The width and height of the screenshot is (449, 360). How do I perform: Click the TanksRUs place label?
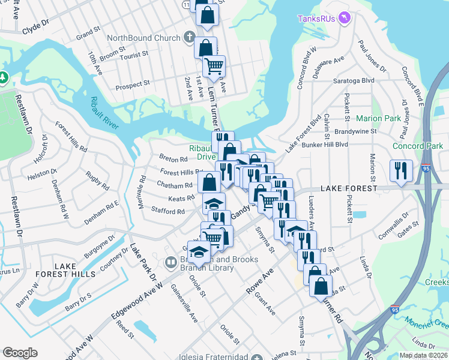click(x=316, y=19)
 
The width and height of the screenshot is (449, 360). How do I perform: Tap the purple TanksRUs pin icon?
click(x=344, y=19)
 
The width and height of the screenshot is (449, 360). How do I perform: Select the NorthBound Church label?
click(x=143, y=38)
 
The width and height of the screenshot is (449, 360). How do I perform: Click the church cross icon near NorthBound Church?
click(x=189, y=38)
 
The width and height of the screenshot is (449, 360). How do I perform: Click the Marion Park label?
click(x=378, y=118)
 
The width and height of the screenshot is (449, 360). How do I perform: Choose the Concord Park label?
click(x=417, y=146)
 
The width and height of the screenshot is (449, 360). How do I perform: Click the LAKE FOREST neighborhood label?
click(x=348, y=188)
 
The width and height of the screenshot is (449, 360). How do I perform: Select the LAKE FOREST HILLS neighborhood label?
click(x=74, y=270)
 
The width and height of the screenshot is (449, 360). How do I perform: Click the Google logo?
click(x=20, y=352)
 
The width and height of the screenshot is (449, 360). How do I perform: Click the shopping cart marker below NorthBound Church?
click(x=213, y=66)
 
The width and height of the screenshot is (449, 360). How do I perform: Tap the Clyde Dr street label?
click(x=35, y=26)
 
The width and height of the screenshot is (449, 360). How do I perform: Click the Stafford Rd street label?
click(x=168, y=211)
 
